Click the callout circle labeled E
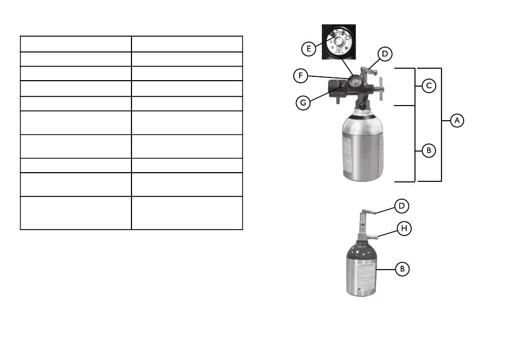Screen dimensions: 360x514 tap(308, 49)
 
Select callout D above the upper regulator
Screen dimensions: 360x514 tap(385, 54)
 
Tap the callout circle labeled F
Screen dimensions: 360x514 tap(302, 76)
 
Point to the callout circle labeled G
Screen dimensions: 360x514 tap(304, 103)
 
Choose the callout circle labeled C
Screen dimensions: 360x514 tap(429, 86)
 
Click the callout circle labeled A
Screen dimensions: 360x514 tap(457, 121)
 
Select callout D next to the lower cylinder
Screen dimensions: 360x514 tap(401, 206)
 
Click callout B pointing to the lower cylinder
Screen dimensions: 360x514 tap(402, 269)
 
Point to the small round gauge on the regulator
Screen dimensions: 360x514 tap(355, 81)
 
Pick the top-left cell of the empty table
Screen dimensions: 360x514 tap(76, 44)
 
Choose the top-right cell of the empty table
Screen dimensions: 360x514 tap(187, 44)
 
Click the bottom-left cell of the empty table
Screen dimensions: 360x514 tap(76, 213)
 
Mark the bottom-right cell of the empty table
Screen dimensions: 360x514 tap(187, 213)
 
